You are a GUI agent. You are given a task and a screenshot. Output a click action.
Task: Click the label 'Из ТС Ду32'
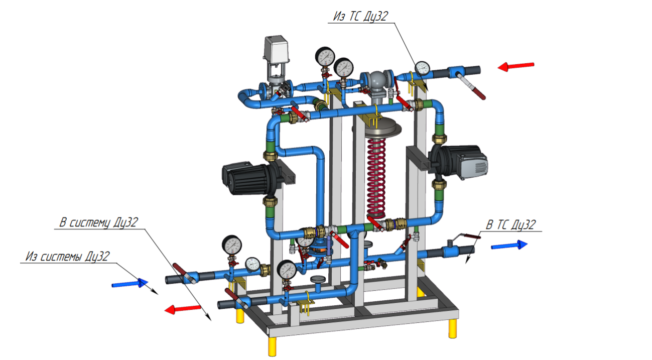361,16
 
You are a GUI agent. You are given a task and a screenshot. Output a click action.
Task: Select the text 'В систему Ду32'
99,222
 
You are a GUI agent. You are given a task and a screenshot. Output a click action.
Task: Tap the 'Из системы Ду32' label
68,257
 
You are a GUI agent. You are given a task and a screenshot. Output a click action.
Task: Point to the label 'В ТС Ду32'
511,224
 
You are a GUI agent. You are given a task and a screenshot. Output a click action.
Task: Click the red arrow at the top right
516,66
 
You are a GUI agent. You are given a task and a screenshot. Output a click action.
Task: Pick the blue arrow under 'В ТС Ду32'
509,245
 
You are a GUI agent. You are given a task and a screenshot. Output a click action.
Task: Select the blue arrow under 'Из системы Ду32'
130,283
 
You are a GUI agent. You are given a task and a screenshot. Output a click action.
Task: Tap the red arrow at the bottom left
183,309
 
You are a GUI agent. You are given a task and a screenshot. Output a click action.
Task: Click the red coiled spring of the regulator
376,178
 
